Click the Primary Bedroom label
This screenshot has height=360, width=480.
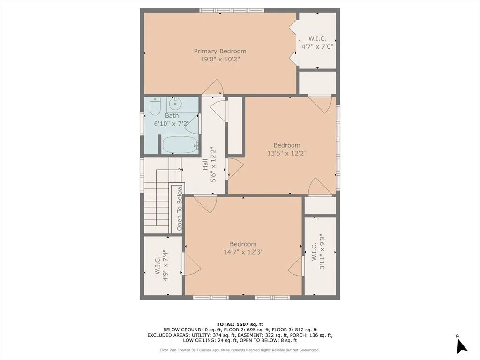220,51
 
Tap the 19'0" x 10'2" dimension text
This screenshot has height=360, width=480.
220,59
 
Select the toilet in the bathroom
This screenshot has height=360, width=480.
155,106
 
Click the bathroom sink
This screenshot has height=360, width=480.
175,104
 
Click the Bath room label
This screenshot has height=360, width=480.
172,116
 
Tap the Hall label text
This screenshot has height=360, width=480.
205,164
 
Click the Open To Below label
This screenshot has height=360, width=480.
180,208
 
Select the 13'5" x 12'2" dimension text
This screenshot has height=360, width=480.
287,153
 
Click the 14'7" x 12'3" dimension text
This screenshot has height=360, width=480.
243,252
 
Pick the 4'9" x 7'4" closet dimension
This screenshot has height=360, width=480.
165,266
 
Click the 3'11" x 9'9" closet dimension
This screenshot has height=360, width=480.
322,252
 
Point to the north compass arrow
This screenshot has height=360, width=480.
461,346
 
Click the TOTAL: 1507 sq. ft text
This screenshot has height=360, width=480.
240,324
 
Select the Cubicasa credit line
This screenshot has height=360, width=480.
240,350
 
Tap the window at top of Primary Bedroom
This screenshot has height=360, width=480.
232,10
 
